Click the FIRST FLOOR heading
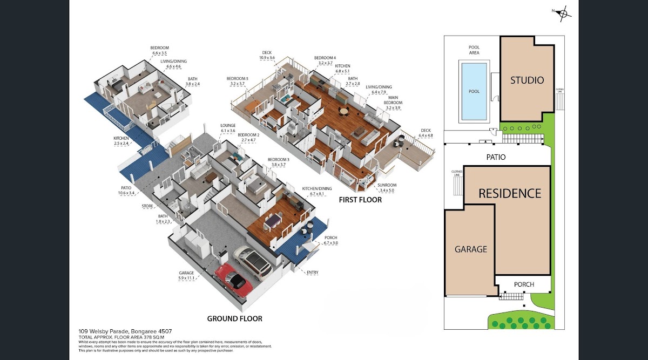pyautogui.click(x=360, y=200)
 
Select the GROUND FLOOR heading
pyautogui.click(x=235, y=318)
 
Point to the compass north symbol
pyautogui.click(x=562, y=13)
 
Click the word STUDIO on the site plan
pyautogui.click(x=527, y=80)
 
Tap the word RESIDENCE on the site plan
pyautogui.click(x=510, y=193)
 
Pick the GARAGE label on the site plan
pyautogui.click(x=470, y=249)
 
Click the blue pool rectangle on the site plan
pyautogui.click(x=474, y=90)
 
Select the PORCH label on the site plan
pyautogui.click(x=524, y=284)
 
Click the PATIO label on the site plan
pyautogui.click(x=495, y=158)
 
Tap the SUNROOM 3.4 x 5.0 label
pyautogui.click(x=387, y=187)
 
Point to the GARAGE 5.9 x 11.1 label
pyautogui.click(x=186, y=276)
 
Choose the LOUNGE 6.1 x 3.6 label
pyautogui.click(x=228, y=127)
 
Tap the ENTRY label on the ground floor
pyautogui.click(x=312, y=273)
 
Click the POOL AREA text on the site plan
pyautogui.click(x=474, y=50)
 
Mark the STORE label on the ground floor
pyautogui.click(x=147, y=207)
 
